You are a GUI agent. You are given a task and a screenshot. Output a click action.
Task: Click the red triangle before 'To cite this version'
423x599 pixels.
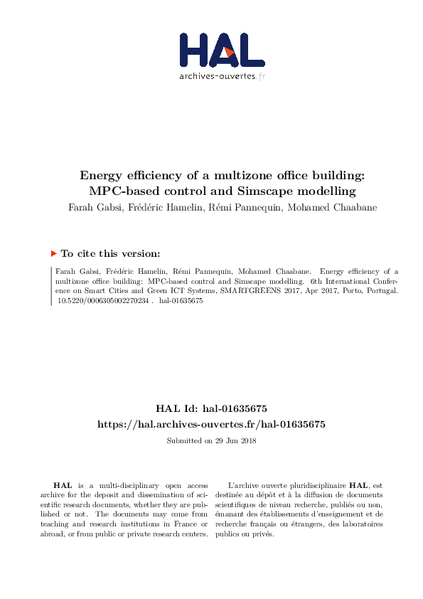click(x=54, y=253)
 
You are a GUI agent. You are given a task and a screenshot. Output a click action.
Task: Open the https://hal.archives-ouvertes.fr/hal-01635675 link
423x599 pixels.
click(x=211, y=424)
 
